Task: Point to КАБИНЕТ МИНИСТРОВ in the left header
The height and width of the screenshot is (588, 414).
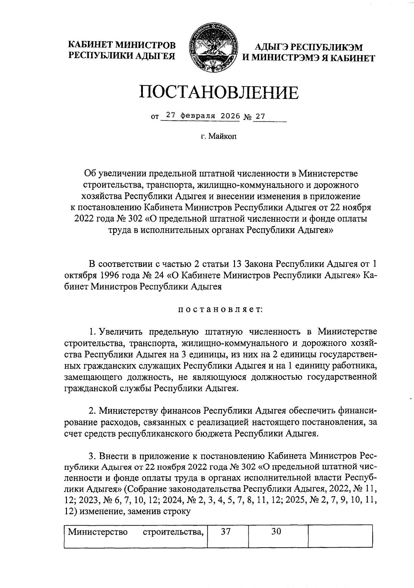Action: click(121, 45)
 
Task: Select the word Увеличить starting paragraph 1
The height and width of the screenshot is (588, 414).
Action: click(124, 332)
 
